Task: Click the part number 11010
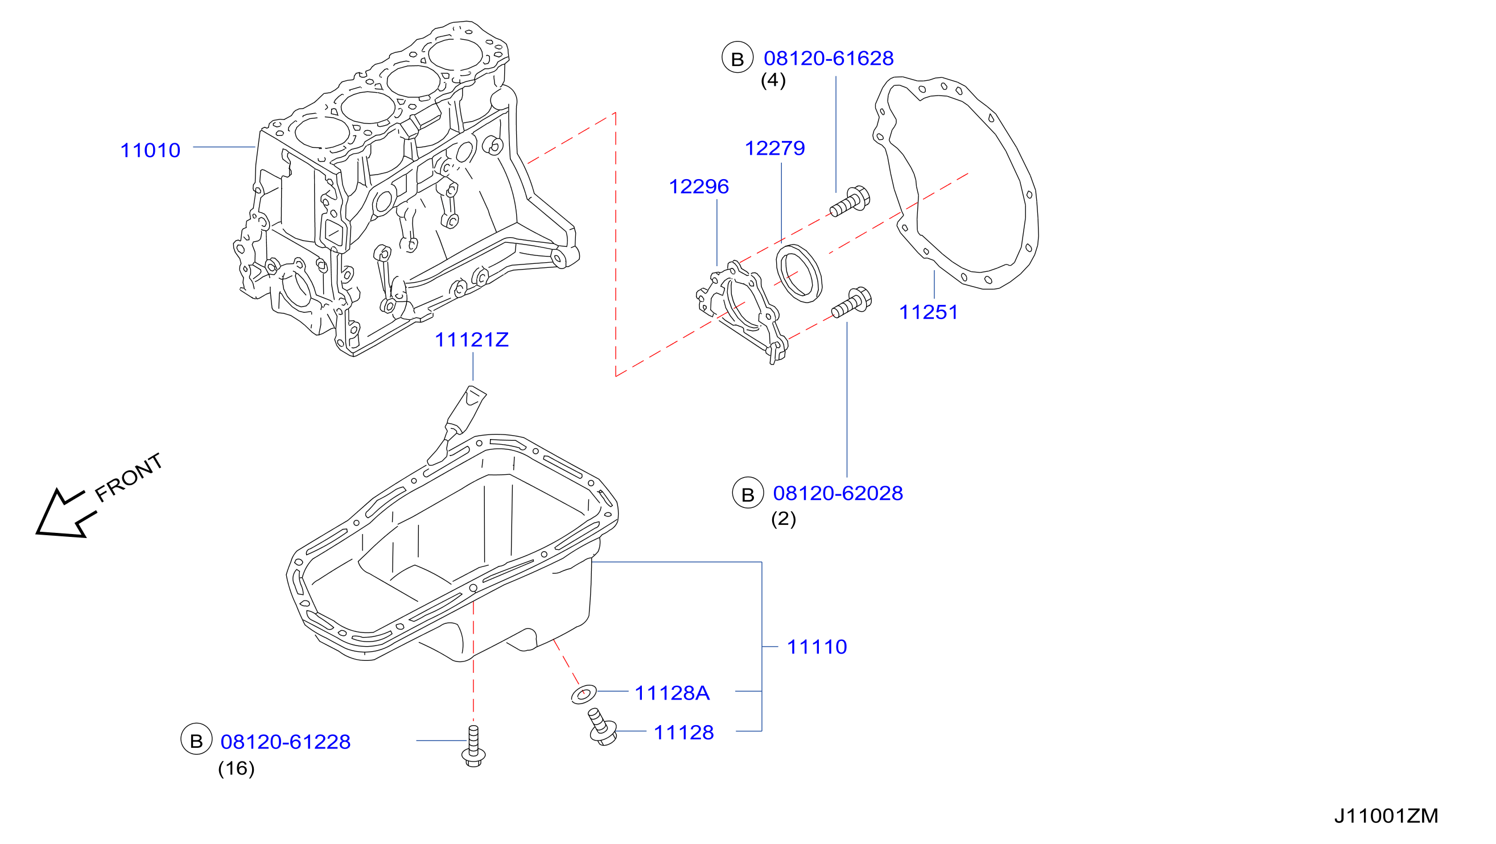[150, 150]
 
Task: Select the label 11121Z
[472, 340]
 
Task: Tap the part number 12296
[699, 187]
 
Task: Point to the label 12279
[774, 148]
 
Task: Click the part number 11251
[928, 312]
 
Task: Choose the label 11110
[817, 647]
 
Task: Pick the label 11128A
[672, 693]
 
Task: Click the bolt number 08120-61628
[828, 58]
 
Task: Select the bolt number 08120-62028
[838, 494]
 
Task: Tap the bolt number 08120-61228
[285, 742]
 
